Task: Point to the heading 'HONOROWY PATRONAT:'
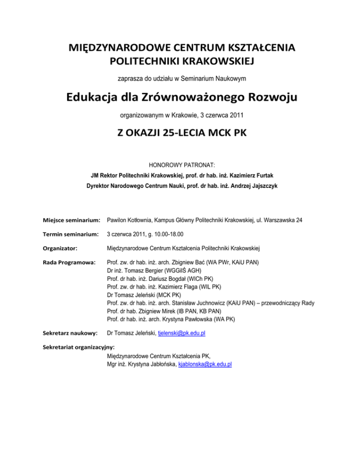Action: click(x=180, y=165)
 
